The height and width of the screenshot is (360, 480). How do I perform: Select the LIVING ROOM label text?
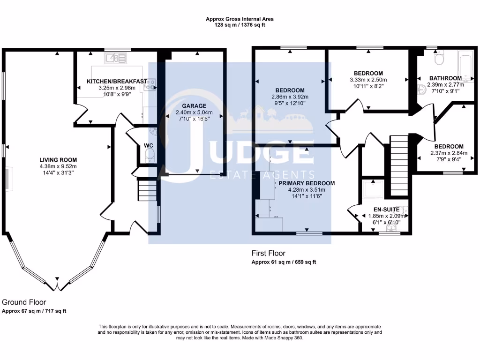coord(58,160)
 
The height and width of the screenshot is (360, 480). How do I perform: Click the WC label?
coord(149,146)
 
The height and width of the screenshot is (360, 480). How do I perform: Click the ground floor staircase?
coord(147,191)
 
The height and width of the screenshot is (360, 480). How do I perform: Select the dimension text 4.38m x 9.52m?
coord(58,166)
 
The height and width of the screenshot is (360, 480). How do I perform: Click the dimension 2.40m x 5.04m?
coord(194,112)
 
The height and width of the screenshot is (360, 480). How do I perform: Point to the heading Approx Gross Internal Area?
coord(240,19)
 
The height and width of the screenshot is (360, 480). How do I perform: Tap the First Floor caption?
coord(269,254)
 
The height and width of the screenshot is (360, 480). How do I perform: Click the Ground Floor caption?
coord(24,302)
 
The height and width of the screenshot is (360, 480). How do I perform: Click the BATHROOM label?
coord(445,78)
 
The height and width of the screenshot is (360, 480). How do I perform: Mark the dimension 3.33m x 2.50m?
coord(368,80)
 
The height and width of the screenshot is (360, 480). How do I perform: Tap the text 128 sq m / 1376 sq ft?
coord(240,25)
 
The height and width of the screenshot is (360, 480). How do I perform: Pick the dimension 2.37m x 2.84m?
coord(448,153)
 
